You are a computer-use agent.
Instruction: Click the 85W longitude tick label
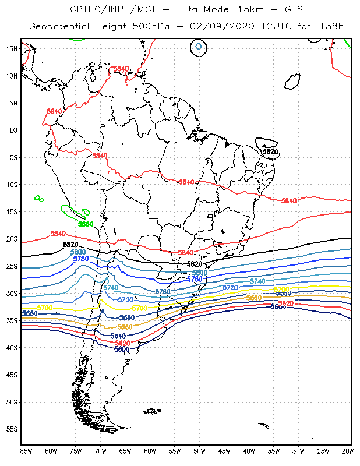tap(26, 451)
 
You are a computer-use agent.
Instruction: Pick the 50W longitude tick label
tap(199, 451)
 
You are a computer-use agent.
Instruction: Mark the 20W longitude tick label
tap(348, 451)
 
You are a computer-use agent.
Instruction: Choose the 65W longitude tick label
tap(125, 451)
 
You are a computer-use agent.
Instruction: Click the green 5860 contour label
tap(86, 224)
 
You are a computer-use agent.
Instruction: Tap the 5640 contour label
tap(118, 336)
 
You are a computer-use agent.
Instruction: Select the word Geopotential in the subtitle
tap(59, 27)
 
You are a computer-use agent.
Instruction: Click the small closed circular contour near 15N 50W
tap(199, 46)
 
